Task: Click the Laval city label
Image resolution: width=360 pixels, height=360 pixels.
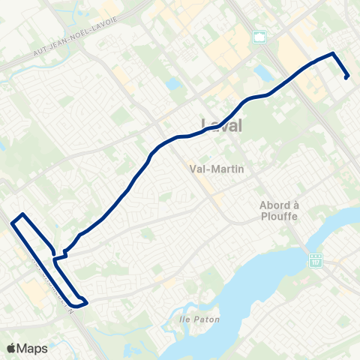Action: point(223,125)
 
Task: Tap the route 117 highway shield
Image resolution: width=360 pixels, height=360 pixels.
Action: point(316,259)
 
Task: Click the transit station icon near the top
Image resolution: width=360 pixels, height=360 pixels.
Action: point(260,37)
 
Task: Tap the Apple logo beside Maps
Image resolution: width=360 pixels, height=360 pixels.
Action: point(11,348)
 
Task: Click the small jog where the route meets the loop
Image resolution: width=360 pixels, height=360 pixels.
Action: point(60,256)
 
